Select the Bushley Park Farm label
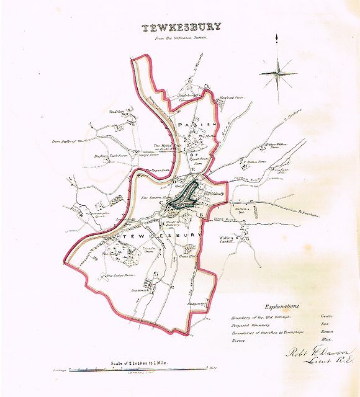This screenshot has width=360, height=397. [109, 156]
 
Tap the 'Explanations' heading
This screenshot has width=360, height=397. [281, 306]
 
